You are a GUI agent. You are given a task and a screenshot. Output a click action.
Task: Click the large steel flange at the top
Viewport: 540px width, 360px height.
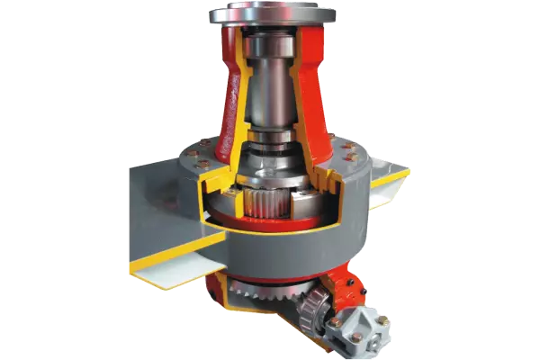click(273, 14)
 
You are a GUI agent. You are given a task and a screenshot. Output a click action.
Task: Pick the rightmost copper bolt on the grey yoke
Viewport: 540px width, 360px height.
click(382, 319)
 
